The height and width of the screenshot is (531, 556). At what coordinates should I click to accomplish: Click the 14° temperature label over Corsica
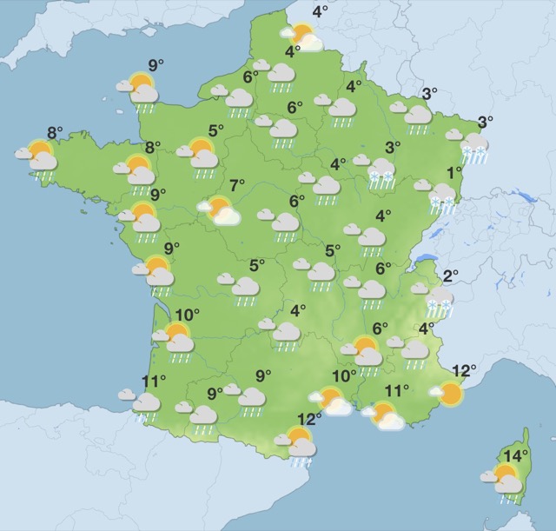(x=518, y=455)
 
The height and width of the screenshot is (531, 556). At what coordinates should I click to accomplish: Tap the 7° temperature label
(x=237, y=185)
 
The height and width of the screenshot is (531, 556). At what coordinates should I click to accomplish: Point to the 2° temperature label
(x=450, y=277)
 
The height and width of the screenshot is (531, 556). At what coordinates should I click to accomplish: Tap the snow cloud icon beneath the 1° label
(x=442, y=197)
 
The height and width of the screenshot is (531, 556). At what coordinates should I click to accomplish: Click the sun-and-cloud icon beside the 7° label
(x=219, y=210)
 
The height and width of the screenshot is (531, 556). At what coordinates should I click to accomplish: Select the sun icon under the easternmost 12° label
(x=449, y=395)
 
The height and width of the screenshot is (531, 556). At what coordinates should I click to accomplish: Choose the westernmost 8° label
(x=54, y=133)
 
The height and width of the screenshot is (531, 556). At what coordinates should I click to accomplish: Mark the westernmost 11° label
(x=153, y=381)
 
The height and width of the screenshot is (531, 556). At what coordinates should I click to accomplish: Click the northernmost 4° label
(x=320, y=11)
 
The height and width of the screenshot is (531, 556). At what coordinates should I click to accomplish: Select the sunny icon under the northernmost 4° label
(x=301, y=37)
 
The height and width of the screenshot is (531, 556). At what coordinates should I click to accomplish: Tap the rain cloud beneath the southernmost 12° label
(x=300, y=447)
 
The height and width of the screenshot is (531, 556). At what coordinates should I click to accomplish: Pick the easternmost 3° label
(x=485, y=122)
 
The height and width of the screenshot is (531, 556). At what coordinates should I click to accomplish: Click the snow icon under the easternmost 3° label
(x=473, y=147)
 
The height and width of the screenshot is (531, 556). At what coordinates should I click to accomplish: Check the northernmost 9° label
(x=156, y=64)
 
